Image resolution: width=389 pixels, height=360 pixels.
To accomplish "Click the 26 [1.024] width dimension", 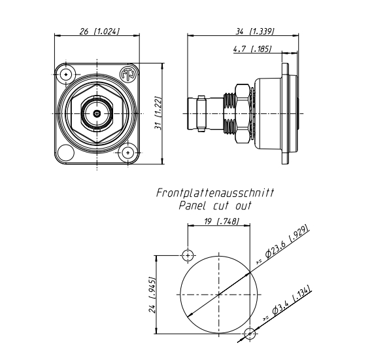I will click(x=97, y=31).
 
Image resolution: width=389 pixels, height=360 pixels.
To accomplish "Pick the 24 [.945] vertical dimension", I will click(x=151, y=294).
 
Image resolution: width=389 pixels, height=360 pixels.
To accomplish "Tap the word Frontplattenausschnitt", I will click(x=215, y=194).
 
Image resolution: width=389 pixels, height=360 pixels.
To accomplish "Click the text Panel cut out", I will click(x=215, y=206).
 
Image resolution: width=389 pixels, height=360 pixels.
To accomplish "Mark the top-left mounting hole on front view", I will click(x=67, y=75).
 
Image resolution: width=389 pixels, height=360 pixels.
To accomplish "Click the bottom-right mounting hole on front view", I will click(x=127, y=153).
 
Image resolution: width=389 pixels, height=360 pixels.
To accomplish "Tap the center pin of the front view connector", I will click(x=97, y=114).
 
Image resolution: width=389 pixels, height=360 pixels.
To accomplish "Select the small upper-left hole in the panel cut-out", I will click(x=188, y=255).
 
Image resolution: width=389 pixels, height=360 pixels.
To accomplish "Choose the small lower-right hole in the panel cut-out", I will click(x=250, y=334).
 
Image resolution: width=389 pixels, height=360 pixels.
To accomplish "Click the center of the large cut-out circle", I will click(x=219, y=295).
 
